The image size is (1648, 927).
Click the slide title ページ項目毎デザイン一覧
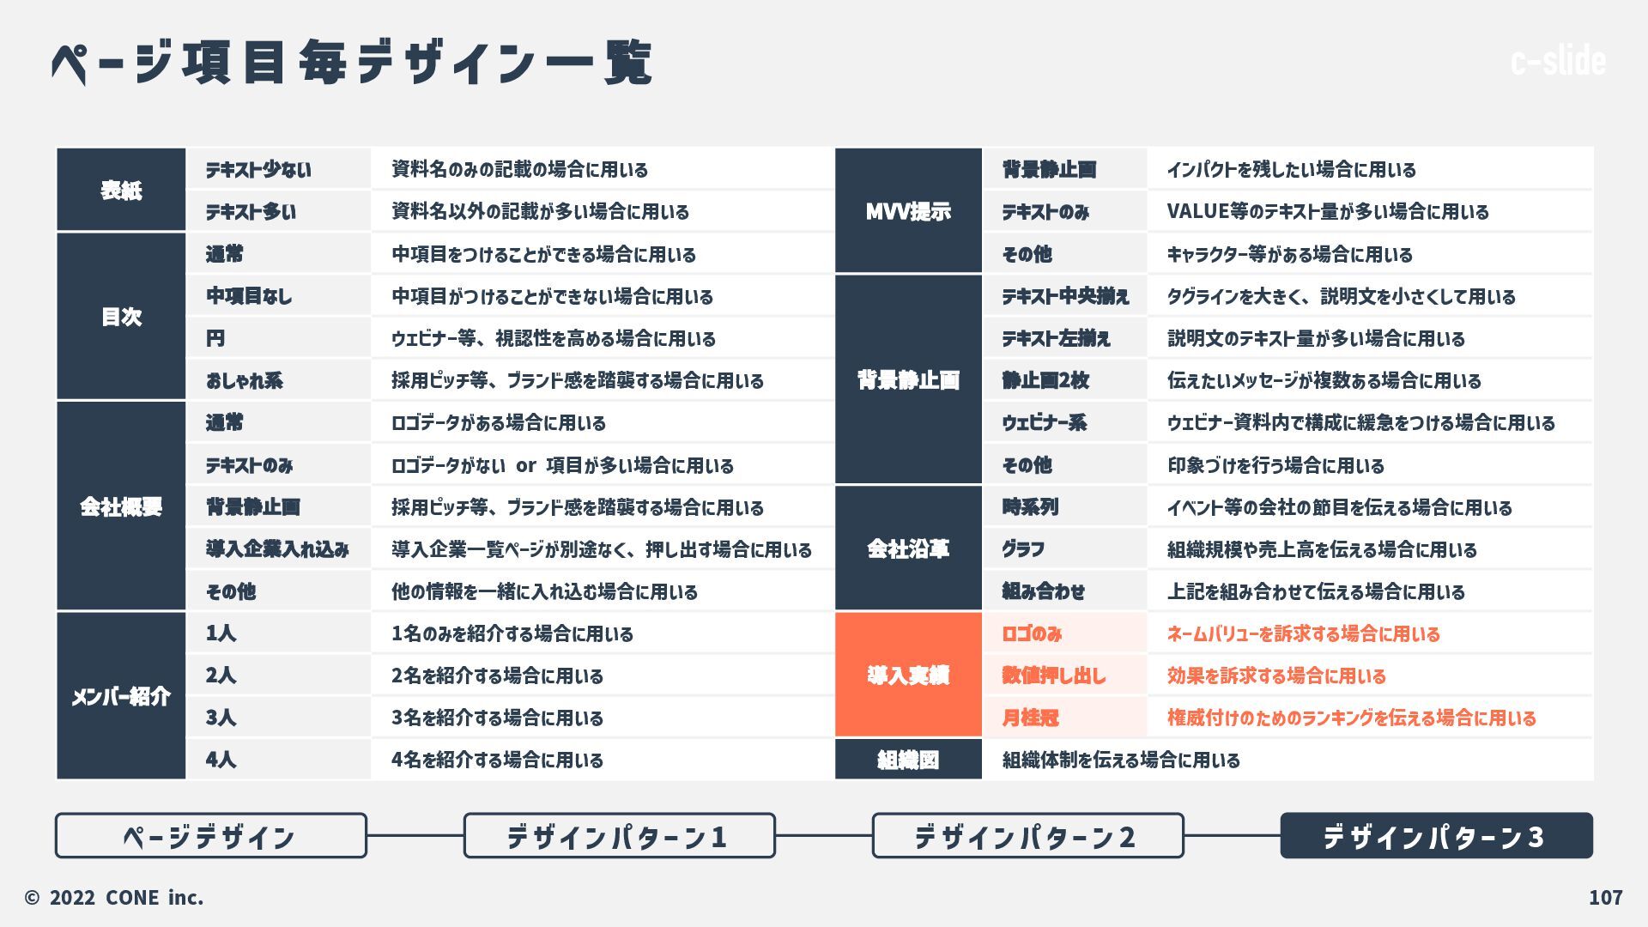[x=352, y=63]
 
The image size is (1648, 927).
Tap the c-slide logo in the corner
[x=1558, y=61]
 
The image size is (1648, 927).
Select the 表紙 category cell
[x=121, y=190]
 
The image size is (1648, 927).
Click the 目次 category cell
[x=121, y=317]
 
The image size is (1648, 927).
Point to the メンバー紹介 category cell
[x=121, y=696]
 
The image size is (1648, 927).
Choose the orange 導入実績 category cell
[x=908, y=676]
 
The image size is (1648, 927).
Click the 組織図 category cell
[x=908, y=760]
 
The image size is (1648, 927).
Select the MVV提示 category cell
[x=908, y=211]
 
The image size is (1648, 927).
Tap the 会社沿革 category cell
[x=908, y=548]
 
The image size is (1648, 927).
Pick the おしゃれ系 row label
[x=245, y=380]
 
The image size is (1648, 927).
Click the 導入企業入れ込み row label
[x=277, y=549]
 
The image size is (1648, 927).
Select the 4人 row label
[x=221, y=760]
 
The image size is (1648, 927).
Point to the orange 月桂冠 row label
[x=1030, y=718]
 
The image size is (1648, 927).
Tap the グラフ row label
[x=1023, y=549]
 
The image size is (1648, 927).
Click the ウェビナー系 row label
[x=1045, y=422]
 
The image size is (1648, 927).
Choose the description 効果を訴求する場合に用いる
[x=1276, y=676]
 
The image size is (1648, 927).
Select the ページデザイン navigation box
[x=210, y=836]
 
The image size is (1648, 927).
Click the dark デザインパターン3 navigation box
[x=1436, y=836]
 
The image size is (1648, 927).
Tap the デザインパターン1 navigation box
[x=619, y=836]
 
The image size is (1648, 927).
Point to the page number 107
[x=1605, y=898]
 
